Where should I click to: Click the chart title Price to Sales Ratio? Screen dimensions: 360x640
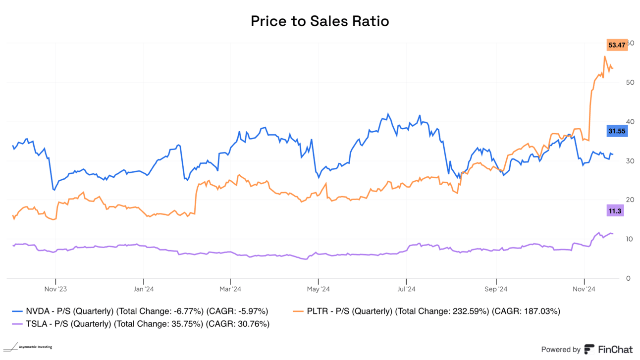[x=320, y=21]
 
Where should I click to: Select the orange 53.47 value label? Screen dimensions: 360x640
[x=616, y=45]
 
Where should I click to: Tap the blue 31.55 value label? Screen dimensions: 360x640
[x=616, y=131]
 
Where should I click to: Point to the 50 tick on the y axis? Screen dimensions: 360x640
[x=630, y=82]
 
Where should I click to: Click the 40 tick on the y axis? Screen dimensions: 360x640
[x=630, y=121]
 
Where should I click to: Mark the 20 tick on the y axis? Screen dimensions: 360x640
[x=630, y=200]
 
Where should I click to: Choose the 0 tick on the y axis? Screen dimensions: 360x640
[x=628, y=278]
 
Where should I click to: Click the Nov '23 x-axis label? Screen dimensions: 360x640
[x=55, y=289]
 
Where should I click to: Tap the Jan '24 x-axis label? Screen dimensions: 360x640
[x=143, y=289]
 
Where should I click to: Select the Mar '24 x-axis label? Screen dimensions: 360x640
[x=230, y=289]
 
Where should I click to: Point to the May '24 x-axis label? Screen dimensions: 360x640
[x=318, y=289]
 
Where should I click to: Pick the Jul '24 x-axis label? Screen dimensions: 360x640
[x=406, y=289]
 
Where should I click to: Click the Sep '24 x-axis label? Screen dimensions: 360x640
[x=496, y=289]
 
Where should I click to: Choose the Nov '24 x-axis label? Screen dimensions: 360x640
[x=584, y=289]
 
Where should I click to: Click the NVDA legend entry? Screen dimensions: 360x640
[x=140, y=311]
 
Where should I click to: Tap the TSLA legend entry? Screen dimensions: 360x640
[x=141, y=324]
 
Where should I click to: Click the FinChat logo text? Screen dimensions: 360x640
[x=614, y=349]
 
